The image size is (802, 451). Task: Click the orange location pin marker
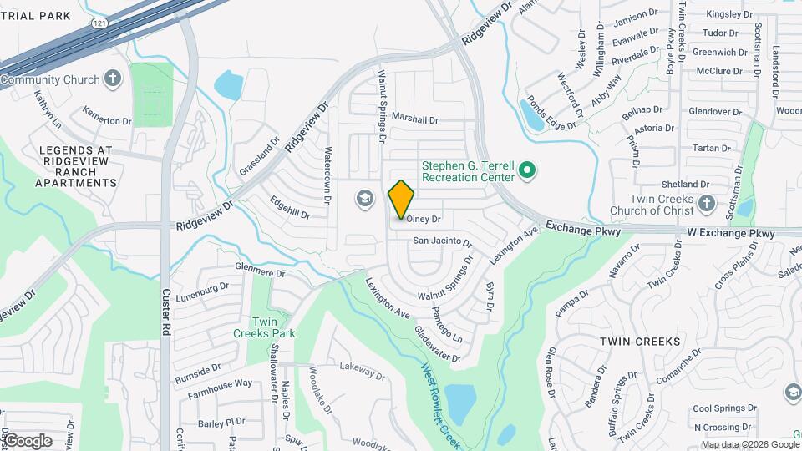(x=402, y=199)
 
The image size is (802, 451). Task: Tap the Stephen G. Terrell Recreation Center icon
(x=526, y=171)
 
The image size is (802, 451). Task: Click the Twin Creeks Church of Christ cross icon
(x=706, y=203)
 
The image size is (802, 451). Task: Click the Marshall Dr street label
(x=414, y=120)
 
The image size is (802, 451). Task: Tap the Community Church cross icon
(x=114, y=79)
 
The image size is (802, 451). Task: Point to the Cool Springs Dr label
(x=723, y=408)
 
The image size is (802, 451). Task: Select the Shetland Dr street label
(x=685, y=185)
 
